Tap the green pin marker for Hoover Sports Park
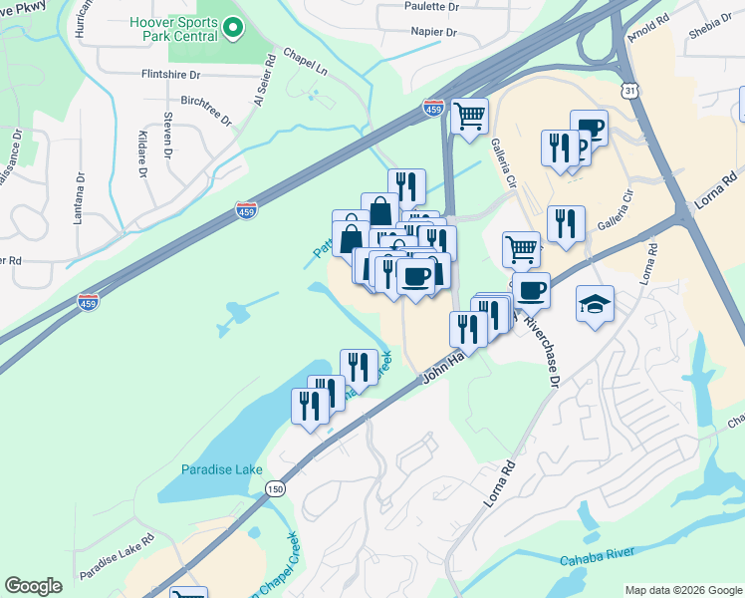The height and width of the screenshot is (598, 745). [x=233, y=28]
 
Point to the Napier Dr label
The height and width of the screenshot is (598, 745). [x=433, y=32]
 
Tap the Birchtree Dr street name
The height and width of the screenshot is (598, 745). [x=206, y=111]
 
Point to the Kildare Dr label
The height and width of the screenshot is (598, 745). [x=141, y=156]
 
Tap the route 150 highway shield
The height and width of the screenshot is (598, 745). [x=276, y=488]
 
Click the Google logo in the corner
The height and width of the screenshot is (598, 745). [x=34, y=586]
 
